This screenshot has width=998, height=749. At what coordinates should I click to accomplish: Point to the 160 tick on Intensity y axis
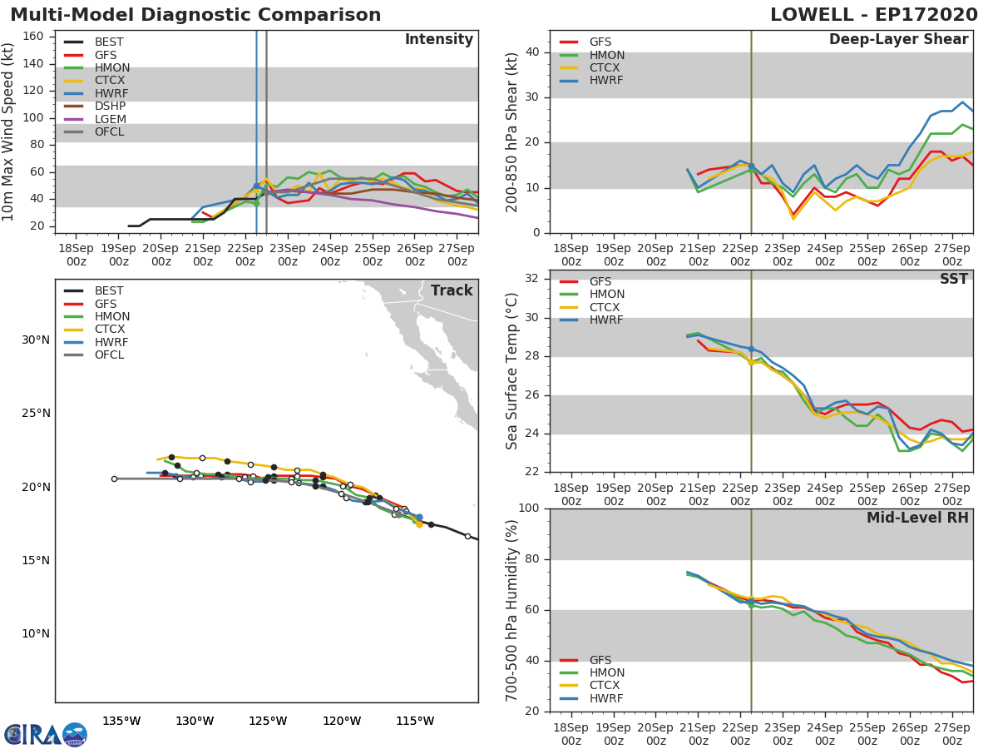[33, 37]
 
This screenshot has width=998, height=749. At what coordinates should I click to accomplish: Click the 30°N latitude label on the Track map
[36, 340]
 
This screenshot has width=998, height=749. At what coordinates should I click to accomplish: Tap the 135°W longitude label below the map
[122, 721]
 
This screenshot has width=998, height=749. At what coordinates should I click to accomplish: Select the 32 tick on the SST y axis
[532, 278]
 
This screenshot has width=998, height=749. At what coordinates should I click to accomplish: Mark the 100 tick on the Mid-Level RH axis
[529, 508]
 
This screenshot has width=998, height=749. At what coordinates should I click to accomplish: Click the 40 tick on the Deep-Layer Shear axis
[532, 52]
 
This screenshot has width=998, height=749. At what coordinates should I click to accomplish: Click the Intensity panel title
[439, 40]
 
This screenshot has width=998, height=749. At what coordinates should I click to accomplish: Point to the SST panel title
[954, 279]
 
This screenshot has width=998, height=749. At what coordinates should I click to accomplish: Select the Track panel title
[452, 290]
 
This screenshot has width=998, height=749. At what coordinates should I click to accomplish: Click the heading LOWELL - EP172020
[874, 14]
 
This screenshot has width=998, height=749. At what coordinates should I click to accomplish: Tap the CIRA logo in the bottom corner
[46, 735]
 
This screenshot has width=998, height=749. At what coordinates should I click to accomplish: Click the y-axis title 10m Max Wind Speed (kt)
[7, 131]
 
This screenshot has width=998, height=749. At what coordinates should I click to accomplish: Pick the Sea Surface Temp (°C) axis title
[511, 371]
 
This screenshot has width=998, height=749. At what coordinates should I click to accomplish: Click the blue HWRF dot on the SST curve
[751, 350]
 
